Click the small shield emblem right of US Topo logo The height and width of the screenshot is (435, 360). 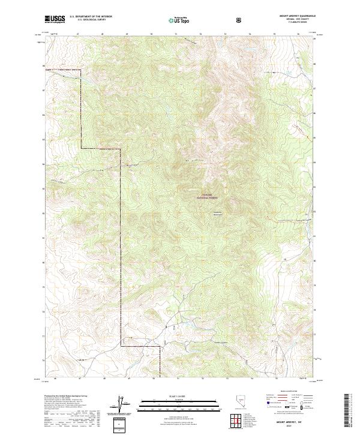click(240, 20)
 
